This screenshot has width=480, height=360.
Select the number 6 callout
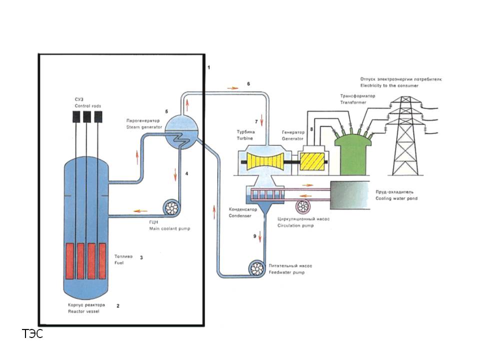pyautogui.click(x=248, y=84)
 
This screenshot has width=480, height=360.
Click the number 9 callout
pyautogui.click(x=254, y=236)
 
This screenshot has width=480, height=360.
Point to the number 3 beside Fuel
pyautogui.click(x=141, y=257)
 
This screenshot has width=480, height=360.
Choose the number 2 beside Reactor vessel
pyautogui.click(x=118, y=305)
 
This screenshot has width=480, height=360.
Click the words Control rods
pyautogui.click(x=88, y=106)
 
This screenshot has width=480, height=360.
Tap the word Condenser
pyautogui.click(x=239, y=216)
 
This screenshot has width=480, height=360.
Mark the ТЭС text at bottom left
pyautogui.click(x=32, y=334)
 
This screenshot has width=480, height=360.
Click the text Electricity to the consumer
pyautogui.click(x=389, y=85)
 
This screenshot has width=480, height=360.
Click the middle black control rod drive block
pyautogui.click(x=87, y=116)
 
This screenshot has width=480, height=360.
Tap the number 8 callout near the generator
pyautogui.click(x=311, y=130)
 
